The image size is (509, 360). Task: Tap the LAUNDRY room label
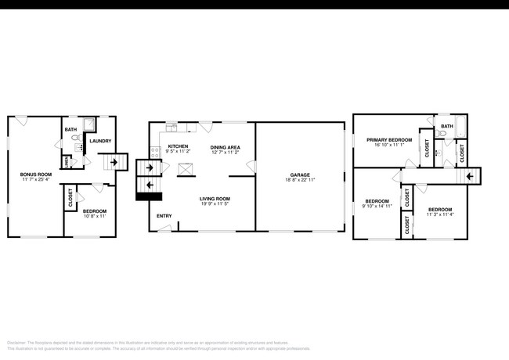click(100, 141)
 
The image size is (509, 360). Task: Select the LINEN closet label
click(67, 162)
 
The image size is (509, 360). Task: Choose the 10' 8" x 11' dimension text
click(94, 216)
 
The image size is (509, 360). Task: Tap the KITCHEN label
click(178, 146)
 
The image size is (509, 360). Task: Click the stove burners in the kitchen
click(154, 149)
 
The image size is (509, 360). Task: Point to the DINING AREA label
click(225, 146)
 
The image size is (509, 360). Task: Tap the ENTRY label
click(164, 216)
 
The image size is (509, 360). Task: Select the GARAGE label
click(300, 175)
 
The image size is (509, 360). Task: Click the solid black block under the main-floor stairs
click(147, 197)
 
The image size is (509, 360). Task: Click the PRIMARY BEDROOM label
click(389, 139)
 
